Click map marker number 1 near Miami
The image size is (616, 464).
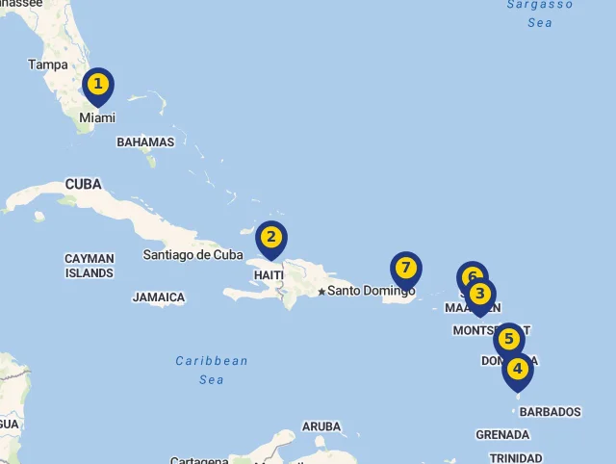coord(97,85)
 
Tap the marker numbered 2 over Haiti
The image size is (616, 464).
coord(271,238)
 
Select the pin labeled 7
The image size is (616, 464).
coord(406,268)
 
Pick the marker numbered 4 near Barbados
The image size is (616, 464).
coord(518,369)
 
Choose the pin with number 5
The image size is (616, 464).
coord(509,339)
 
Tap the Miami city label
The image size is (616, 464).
coord(97,117)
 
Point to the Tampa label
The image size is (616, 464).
coord(48,64)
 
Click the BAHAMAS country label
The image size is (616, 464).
coord(145,142)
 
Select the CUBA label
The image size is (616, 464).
coord(83,184)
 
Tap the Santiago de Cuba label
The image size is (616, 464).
coord(192,255)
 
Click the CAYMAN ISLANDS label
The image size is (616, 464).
coord(90,266)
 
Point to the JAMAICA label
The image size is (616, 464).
coord(159,297)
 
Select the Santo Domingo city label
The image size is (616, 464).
coord(372,291)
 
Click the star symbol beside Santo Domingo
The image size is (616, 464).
coord(321,291)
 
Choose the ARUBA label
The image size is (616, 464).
coord(321,426)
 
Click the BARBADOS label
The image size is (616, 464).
coord(551,412)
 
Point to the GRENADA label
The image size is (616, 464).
coord(502,435)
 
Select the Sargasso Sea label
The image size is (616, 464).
coord(540,13)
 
